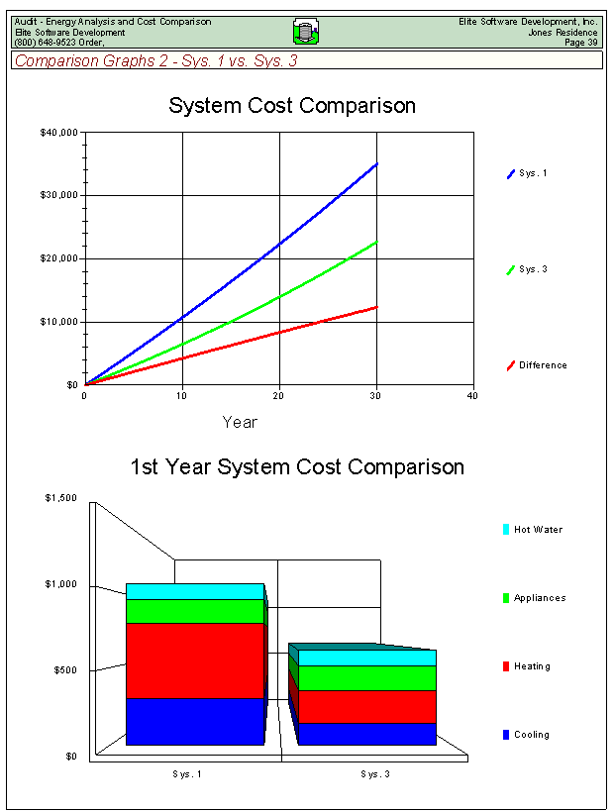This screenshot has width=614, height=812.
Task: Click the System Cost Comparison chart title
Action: [292, 106]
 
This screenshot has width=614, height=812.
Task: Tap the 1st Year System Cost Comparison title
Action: [297, 467]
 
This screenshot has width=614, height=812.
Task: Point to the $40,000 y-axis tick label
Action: [59, 132]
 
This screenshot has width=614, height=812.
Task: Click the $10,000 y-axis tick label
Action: [59, 322]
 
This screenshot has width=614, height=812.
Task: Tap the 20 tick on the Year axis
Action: [279, 396]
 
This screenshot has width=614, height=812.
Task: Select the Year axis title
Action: [240, 423]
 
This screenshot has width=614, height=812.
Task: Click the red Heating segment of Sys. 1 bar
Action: [195, 660]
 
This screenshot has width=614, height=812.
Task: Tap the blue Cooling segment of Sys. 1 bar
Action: [195, 721]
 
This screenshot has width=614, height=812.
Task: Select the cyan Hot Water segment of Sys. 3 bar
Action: [366, 658]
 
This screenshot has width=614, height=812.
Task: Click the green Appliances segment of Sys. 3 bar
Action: [366, 677]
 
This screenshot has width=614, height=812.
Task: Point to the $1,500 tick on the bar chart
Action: [60, 498]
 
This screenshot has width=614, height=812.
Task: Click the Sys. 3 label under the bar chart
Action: [375, 773]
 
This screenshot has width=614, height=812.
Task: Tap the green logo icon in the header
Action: [305, 32]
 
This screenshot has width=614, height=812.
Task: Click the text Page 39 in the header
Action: [580, 43]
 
